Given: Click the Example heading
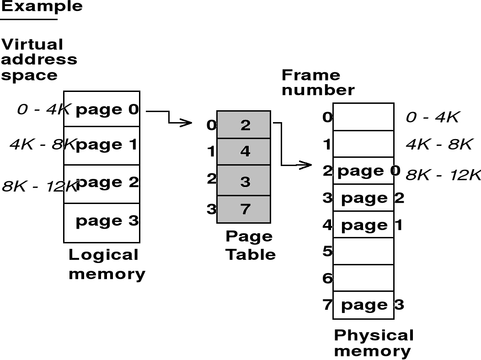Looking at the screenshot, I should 42,6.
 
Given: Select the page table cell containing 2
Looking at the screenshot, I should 244,124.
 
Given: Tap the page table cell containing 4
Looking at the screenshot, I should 244,151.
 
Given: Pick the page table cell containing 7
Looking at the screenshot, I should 244,210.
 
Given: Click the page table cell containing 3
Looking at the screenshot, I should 244,181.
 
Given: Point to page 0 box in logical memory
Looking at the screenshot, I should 102,109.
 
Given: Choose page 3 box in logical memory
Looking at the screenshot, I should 102,222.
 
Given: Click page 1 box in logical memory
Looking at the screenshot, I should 102,145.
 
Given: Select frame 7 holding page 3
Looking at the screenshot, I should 363,305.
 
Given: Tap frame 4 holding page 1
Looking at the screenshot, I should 363,225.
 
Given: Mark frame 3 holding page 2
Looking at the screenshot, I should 363,198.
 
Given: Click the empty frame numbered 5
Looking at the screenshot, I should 363,251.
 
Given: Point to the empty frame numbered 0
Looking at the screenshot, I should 363,117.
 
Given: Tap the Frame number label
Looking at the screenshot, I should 318,82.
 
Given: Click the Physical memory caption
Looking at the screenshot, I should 374,343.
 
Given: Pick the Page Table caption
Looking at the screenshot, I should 250,246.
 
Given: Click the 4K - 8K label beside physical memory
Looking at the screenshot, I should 438,145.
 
